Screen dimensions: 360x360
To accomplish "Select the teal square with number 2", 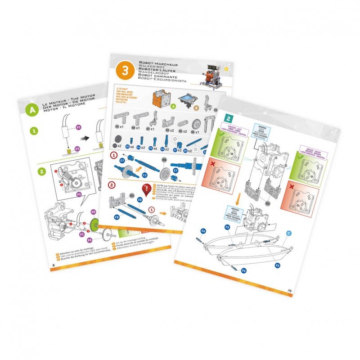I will pyautogui.click(x=229, y=119).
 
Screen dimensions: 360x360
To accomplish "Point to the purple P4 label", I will pyautogui.click(x=90, y=240).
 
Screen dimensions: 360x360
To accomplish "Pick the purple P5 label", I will pyautogui.click(x=79, y=194).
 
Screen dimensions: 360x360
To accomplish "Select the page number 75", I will pyautogui.click(x=290, y=291).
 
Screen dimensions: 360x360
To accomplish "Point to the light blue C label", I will pyautogui.click(x=289, y=233).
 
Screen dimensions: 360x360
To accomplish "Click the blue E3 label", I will pyautogui.click(x=145, y=175).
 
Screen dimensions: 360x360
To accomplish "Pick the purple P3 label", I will pyautogui.click(x=77, y=148).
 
